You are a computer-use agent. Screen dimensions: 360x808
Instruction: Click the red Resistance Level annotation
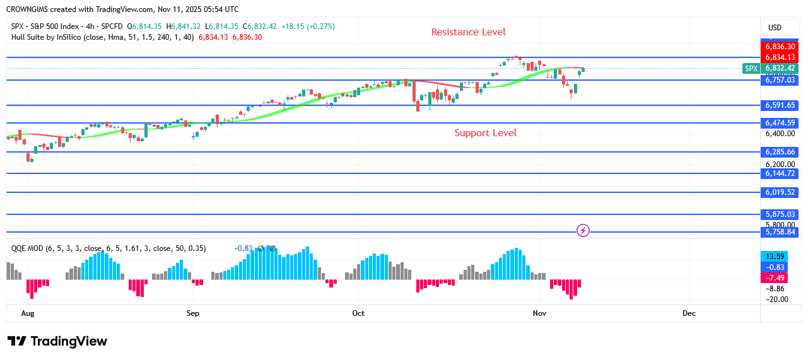468,32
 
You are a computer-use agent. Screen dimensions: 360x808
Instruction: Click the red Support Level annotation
485,133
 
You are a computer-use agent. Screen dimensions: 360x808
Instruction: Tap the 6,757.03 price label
780,80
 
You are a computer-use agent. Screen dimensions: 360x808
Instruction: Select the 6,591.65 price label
780,105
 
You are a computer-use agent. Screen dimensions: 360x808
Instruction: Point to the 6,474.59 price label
780,123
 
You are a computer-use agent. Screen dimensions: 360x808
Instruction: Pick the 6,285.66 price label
780,152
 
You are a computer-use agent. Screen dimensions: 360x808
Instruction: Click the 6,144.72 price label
780,173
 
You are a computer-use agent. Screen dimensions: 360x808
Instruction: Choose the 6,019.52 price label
780,192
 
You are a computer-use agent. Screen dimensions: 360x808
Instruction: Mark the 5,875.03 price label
780,214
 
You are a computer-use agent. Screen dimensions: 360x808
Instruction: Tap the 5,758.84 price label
780,232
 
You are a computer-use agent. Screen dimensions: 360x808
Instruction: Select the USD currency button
775,28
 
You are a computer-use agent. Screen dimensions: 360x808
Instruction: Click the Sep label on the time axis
193,313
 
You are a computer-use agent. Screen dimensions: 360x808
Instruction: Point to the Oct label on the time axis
358,313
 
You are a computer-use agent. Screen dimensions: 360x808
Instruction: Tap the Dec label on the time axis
689,313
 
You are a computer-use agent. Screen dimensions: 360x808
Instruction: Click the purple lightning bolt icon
583,231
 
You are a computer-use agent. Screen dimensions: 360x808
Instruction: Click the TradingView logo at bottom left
57,341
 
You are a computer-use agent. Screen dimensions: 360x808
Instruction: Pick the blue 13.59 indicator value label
775,257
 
